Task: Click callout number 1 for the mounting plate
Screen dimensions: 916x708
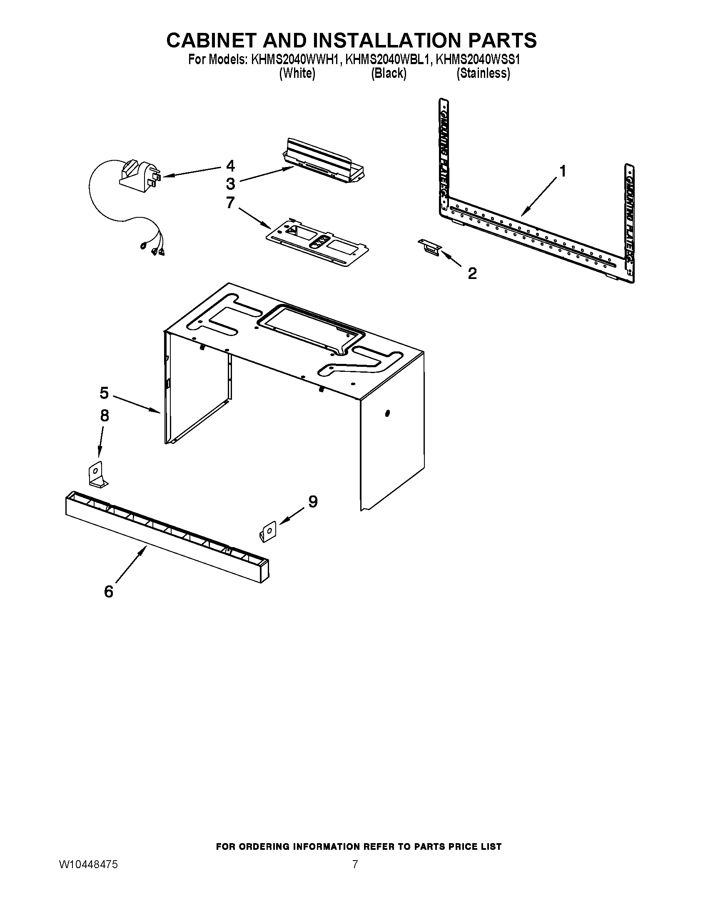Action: (563, 172)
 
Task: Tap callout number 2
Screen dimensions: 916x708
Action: (472, 274)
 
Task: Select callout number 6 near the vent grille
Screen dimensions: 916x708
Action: (109, 592)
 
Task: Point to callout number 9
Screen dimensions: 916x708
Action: (313, 502)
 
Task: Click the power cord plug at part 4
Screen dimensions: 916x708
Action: (138, 177)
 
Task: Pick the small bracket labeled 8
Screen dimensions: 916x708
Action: (97, 475)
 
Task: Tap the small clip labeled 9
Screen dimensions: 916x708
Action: (267, 532)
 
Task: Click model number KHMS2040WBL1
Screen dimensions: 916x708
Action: (388, 60)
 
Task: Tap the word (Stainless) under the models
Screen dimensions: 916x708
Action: (483, 73)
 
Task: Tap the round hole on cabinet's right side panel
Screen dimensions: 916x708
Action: (387, 414)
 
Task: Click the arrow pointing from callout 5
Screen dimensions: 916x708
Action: (136, 404)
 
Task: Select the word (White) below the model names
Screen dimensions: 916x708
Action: (297, 73)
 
